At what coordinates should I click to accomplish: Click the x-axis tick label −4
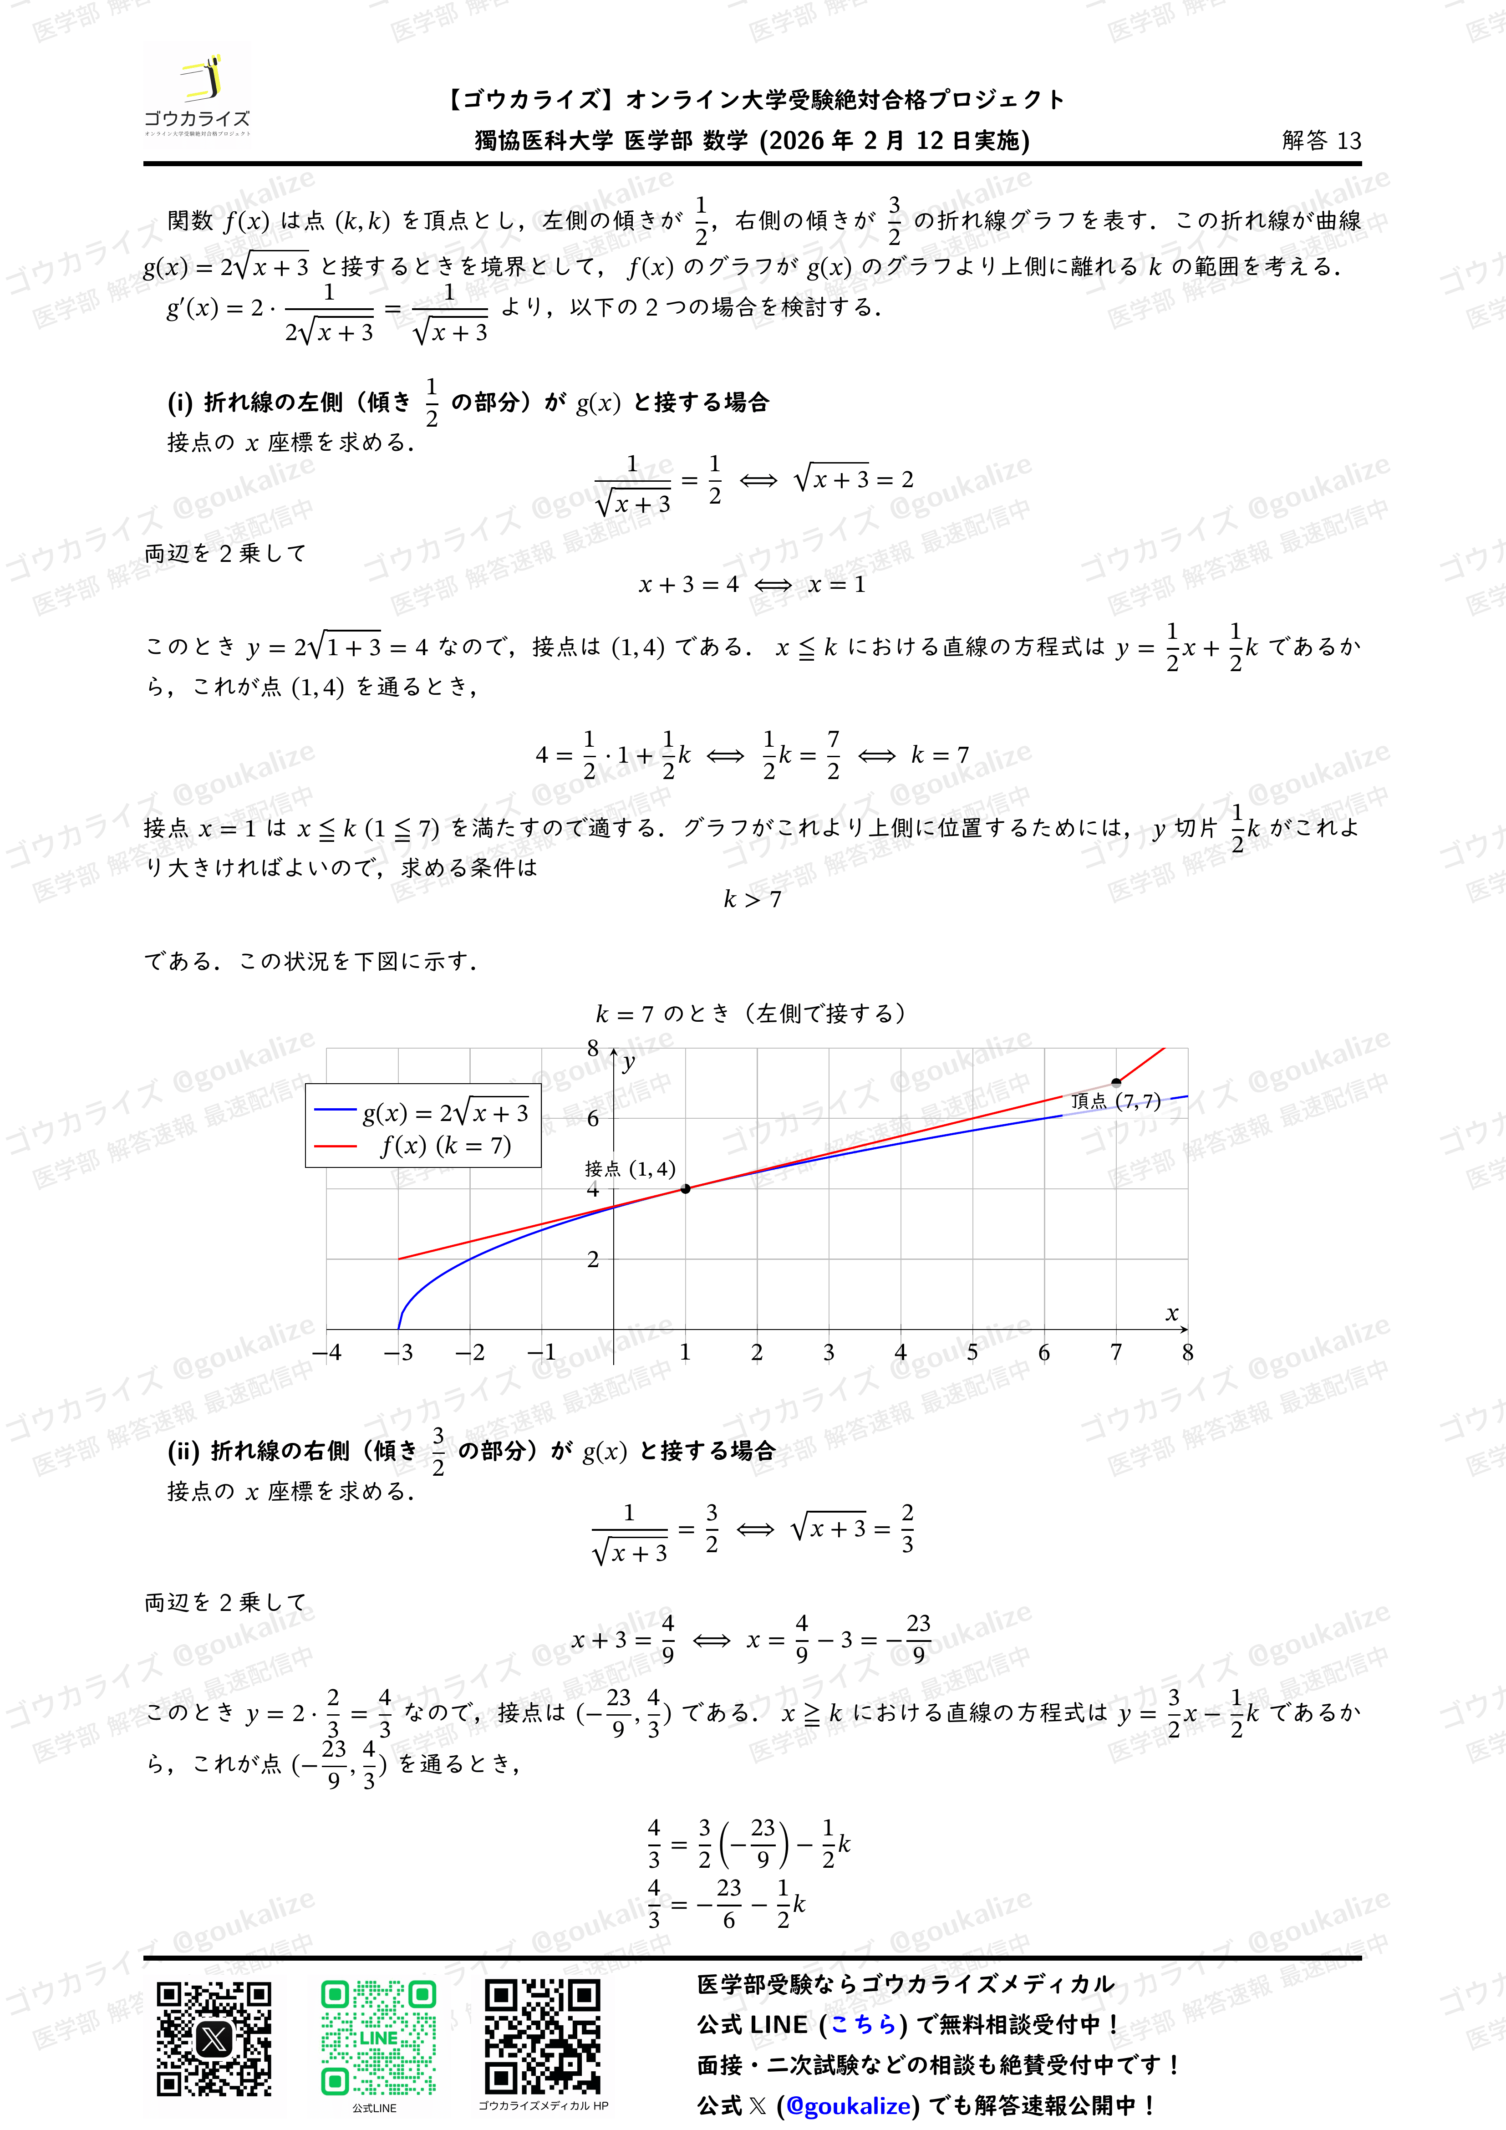tap(326, 1353)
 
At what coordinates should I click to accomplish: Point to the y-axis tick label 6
tap(593, 1119)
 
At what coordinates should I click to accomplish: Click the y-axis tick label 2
tap(593, 1259)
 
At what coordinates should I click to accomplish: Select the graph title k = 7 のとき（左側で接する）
tap(751, 1013)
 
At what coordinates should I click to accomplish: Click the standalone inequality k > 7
tap(752, 899)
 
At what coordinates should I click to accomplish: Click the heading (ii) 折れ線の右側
tap(471, 1451)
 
